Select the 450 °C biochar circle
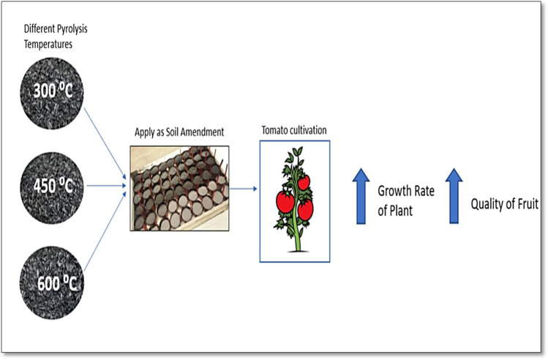(x=52, y=185)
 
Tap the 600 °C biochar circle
(x=52, y=280)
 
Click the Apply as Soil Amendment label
(x=179, y=132)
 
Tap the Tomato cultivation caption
(x=295, y=130)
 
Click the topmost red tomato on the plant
(x=303, y=181)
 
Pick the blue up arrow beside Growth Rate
(x=361, y=195)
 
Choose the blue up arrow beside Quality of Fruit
(x=454, y=195)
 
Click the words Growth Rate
(x=407, y=192)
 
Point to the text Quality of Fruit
(x=504, y=203)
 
